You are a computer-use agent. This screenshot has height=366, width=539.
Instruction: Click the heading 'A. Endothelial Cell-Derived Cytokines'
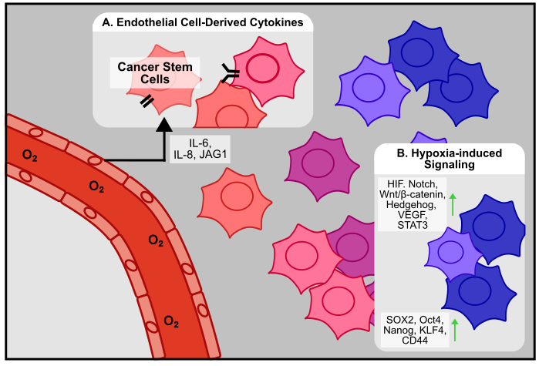(x=203, y=23)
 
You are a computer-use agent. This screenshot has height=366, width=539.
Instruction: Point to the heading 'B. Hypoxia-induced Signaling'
(x=450, y=159)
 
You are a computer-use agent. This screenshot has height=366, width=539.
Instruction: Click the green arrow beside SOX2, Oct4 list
(x=455, y=329)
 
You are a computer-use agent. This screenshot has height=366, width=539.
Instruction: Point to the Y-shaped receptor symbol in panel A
(x=231, y=73)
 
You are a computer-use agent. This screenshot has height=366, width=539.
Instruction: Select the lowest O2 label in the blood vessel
(x=170, y=320)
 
